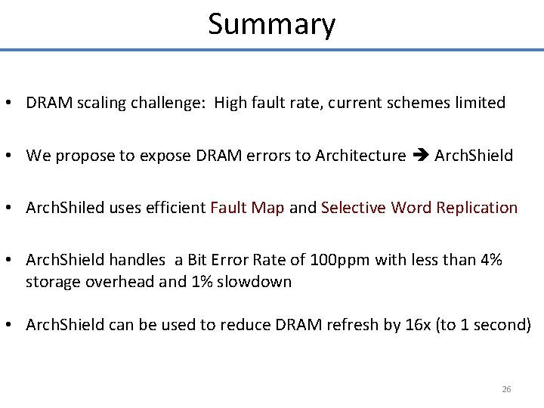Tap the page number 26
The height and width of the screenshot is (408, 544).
coord(506,389)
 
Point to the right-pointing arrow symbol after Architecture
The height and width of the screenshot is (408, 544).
coord(420,156)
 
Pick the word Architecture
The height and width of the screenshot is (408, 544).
coord(360,156)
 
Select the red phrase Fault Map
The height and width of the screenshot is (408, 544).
coord(248,208)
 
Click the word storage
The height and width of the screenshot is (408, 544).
coord(50,282)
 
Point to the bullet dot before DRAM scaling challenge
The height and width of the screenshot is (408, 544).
coord(14,104)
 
